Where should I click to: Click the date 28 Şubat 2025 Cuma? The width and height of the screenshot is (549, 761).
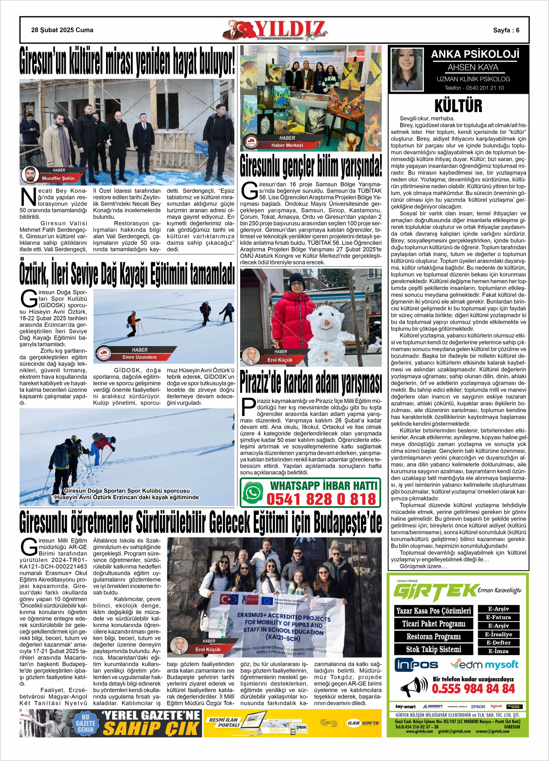point(62,30)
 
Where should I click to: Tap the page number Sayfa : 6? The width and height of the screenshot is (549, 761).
point(506,30)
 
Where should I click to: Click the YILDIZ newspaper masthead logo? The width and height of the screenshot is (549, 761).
point(276,30)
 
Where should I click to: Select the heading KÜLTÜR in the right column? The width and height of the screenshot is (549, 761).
point(459,106)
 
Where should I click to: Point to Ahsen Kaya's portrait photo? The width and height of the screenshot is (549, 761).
point(407,69)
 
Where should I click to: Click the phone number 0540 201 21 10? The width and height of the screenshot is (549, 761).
point(474,88)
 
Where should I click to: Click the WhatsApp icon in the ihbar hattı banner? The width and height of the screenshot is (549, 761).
point(253,493)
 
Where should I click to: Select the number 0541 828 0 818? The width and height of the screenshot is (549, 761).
point(321,499)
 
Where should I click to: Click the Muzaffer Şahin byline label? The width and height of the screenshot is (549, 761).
point(58,178)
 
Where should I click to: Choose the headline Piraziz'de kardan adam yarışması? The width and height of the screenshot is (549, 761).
point(311,383)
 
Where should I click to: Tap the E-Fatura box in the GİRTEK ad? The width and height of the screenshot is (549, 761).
point(498,617)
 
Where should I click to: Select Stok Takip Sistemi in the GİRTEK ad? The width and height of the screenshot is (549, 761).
point(434,649)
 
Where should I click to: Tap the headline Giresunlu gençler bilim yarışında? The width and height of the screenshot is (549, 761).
point(311,167)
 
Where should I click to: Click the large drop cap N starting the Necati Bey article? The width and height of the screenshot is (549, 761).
point(28,197)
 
